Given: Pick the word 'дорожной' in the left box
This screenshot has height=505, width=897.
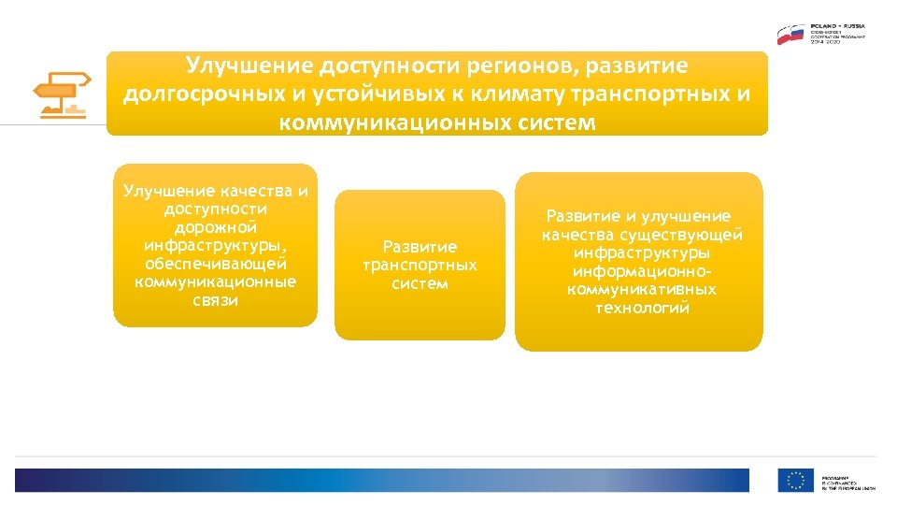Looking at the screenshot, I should tap(215, 227).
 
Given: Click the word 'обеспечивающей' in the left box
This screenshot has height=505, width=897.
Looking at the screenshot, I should tap(215, 264).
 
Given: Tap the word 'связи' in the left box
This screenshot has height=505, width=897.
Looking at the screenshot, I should tap(215, 300).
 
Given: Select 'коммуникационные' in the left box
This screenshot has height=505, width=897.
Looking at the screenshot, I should tap(215, 281).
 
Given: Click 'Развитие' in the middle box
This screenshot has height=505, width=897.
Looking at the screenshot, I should tap(420, 247).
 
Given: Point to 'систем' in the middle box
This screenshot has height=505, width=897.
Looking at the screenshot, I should tap(420, 283).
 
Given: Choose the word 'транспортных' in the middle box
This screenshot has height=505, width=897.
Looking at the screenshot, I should tap(420, 266).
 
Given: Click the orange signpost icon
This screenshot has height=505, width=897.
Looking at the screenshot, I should tap(60, 94).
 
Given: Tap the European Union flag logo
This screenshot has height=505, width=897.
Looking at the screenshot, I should tap(795, 481).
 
